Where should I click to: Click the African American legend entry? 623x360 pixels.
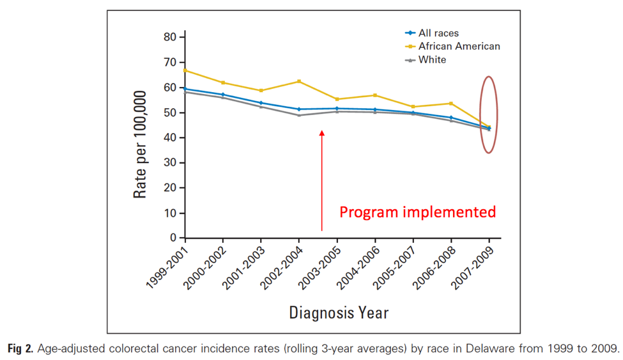coord(459,46)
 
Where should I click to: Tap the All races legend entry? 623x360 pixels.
coord(438,33)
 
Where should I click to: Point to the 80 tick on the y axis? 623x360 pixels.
coord(169,37)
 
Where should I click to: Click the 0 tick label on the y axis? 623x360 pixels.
coord(173,238)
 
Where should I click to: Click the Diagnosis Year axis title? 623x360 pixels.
coord(339,313)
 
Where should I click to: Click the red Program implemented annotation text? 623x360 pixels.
coord(417,212)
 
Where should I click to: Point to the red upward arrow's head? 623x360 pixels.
coord(322,133)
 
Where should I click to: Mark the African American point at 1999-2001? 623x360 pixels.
coord(185,70)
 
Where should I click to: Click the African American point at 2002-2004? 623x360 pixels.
coord(299,81)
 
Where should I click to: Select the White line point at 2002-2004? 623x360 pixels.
coord(299,115)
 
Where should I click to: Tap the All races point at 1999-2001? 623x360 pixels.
coord(185,89)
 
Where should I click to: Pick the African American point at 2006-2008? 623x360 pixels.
coord(451,104)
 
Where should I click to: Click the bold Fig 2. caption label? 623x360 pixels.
coord(21,349)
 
